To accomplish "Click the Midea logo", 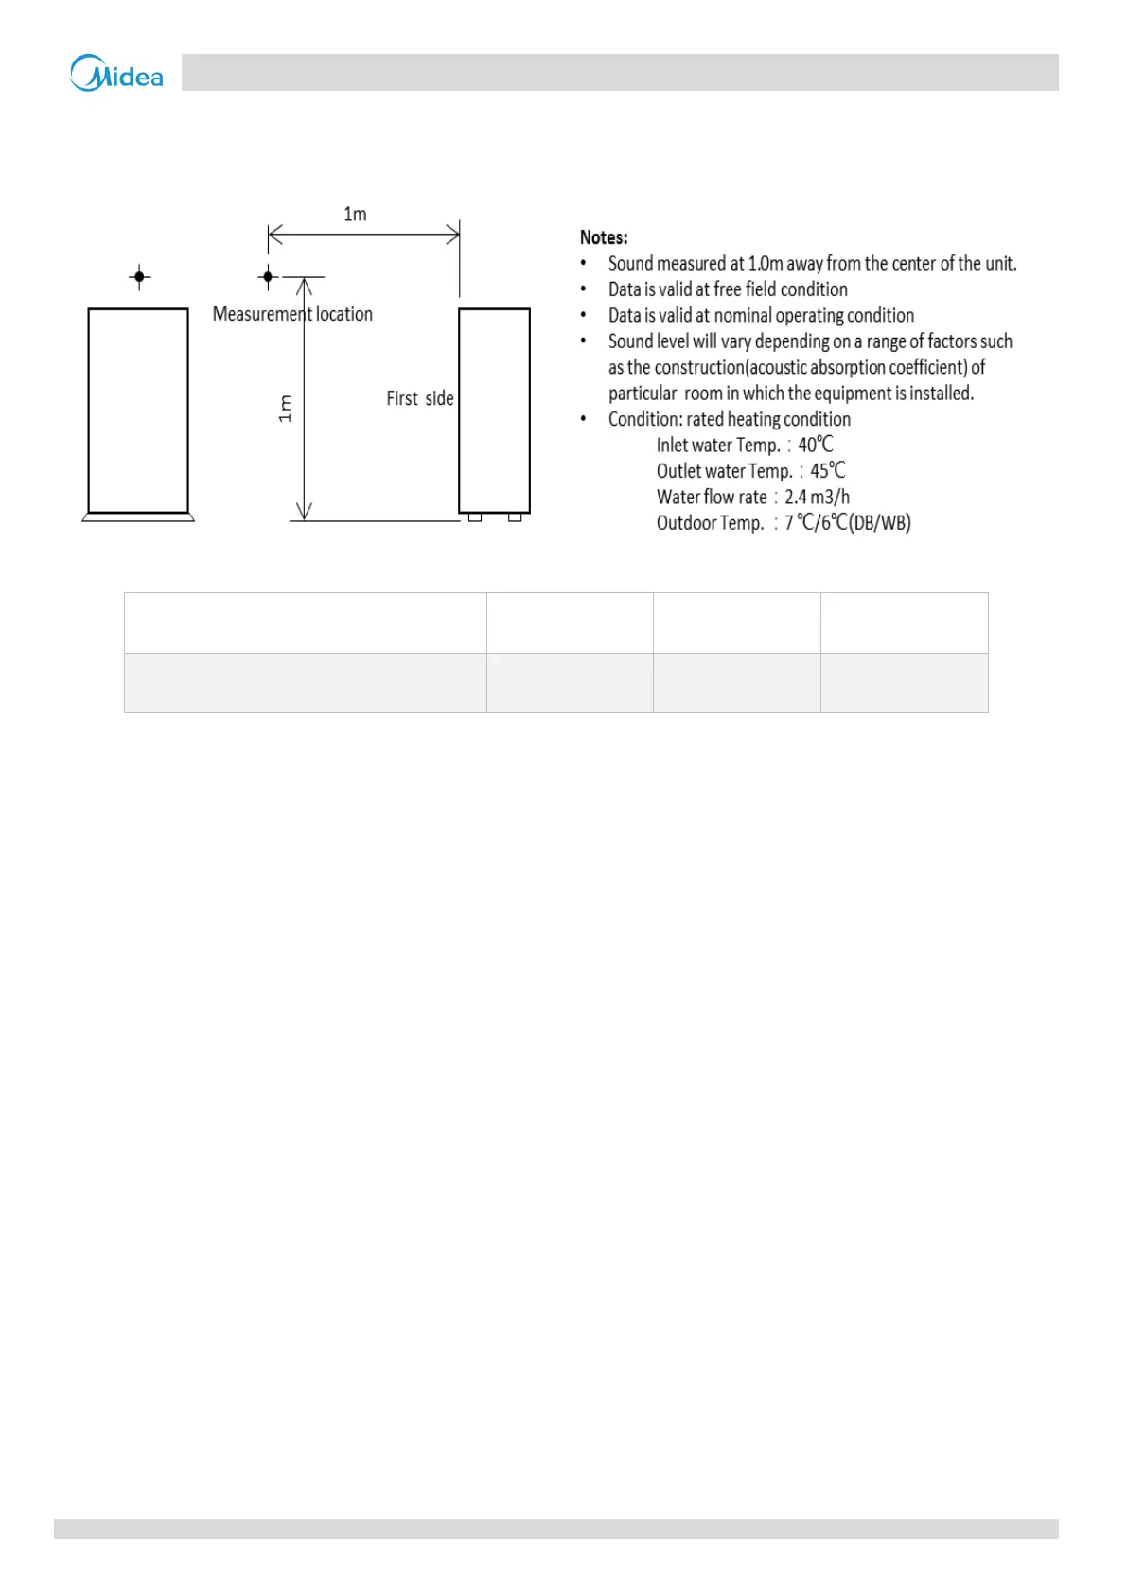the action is point(116,73).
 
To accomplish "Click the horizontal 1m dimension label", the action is point(355,215).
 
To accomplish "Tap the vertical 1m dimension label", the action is point(285,409).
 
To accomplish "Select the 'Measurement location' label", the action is point(292,314).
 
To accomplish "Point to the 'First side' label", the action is point(419,398).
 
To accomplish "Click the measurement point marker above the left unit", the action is point(139,277).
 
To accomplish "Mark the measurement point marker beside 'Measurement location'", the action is point(268,277).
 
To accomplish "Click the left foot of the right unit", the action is point(475,517).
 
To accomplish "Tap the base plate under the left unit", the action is point(138,517).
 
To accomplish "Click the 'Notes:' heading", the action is point(604,237).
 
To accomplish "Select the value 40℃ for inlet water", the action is point(815,445).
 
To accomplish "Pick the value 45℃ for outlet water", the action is point(827,471).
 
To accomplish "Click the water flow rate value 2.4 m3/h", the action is point(817,497).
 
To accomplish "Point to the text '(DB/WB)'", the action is point(879,523).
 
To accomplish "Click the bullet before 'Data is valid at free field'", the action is point(583,289).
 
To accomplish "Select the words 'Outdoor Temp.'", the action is point(710,523).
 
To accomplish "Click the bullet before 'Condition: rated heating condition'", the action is point(583,419).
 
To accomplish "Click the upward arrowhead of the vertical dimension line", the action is point(304,286).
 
